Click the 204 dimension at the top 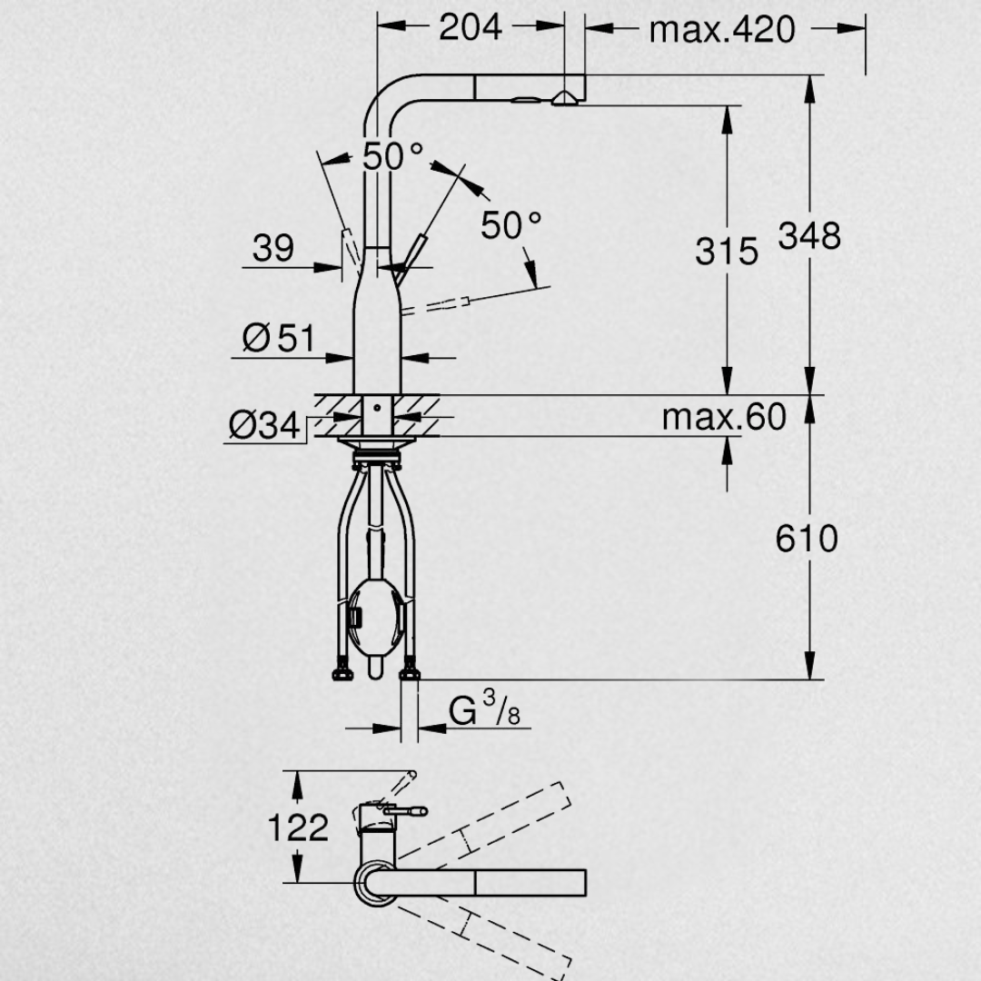[471, 27]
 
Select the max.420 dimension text [722, 29]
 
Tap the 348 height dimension [809, 236]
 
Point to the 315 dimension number [727, 252]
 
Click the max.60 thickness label [724, 417]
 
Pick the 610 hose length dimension [807, 539]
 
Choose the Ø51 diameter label [279, 338]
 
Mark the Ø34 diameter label [264, 426]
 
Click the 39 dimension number [272, 248]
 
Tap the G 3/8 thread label [484, 708]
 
